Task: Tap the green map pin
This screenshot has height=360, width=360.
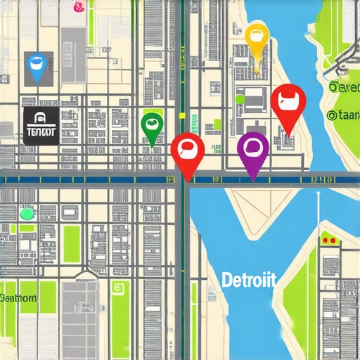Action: (151, 127)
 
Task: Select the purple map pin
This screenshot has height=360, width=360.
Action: (252, 150)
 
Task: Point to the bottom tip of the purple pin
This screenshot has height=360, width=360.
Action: (252, 181)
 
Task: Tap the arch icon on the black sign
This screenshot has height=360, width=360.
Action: (39, 118)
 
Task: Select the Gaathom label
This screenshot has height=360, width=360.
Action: (18, 297)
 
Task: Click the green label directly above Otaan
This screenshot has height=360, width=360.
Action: (344, 87)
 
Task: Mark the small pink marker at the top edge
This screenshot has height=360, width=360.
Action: (78, 6)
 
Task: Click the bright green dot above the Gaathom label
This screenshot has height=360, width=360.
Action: (27, 213)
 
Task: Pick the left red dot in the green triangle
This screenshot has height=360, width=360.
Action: (325, 240)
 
